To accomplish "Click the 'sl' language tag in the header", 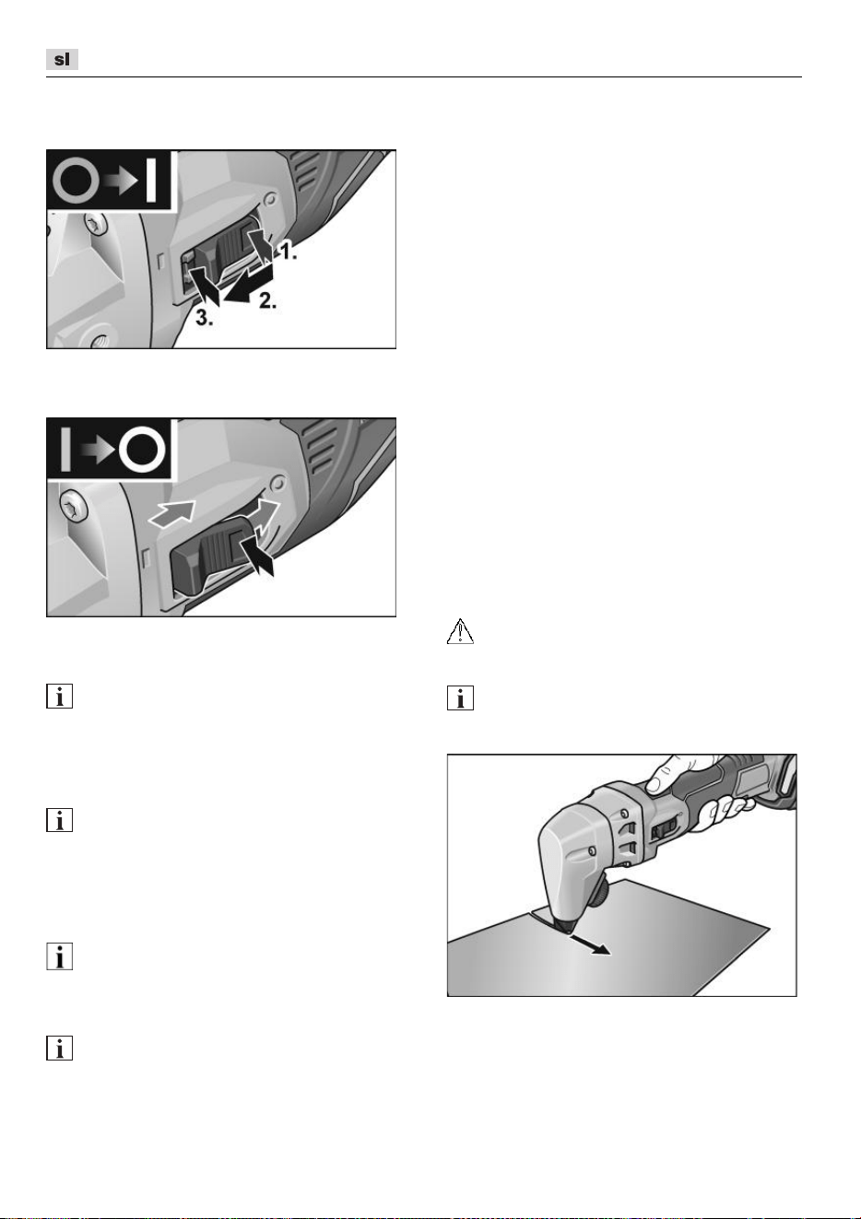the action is (x=62, y=59).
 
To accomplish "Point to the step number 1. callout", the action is (x=289, y=251).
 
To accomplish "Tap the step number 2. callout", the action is (x=267, y=300).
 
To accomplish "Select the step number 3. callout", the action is (x=205, y=319).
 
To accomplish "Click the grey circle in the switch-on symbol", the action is (x=77, y=180).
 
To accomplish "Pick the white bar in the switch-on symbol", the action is (x=151, y=180).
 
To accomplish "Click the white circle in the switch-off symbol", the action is (x=142, y=450).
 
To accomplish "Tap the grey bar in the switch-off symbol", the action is (x=65, y=450).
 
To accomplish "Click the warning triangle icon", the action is (x=460, y=631).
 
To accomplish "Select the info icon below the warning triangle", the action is (x=460, y=697).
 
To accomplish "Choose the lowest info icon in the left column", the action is (x=59, y=1049).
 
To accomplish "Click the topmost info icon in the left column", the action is (x=59, y=696).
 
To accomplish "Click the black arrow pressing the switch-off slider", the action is (x=257, y=555).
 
